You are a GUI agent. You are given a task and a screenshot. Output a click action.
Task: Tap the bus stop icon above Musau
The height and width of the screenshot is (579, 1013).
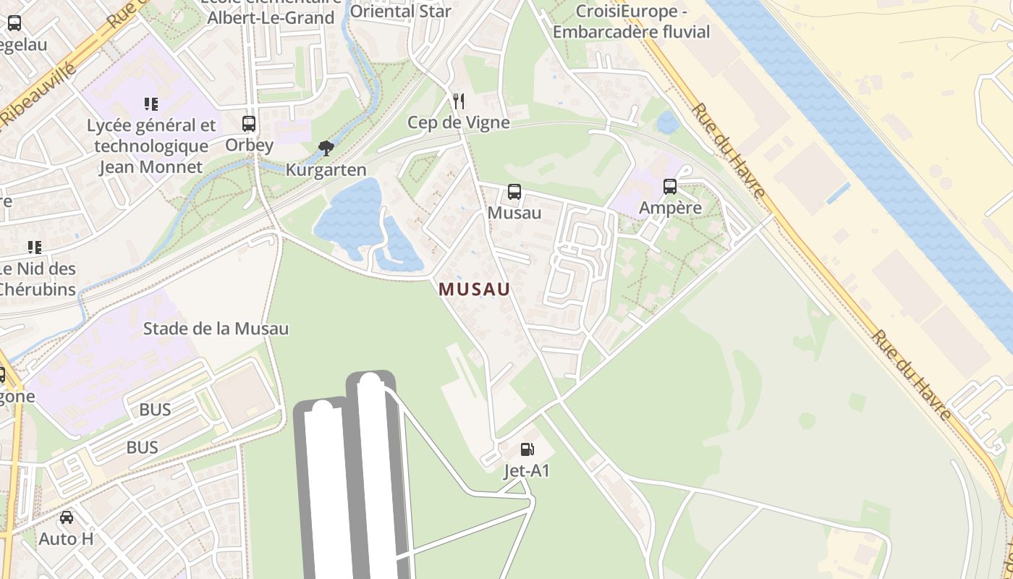[514, 192]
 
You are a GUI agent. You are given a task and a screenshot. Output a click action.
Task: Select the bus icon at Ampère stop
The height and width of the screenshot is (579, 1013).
[670, 187]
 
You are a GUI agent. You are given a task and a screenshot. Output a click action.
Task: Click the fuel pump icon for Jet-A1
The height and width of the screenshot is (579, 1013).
[527, 450]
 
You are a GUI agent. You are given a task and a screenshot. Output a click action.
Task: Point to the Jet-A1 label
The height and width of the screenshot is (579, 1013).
[527, 471]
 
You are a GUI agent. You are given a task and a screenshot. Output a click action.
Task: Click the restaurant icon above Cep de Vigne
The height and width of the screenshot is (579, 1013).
[459, 101]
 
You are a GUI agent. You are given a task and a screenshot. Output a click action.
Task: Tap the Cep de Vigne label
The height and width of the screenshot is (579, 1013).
[459, 122]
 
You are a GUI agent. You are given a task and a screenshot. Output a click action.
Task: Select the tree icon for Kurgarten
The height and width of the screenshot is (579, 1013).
[326, 148]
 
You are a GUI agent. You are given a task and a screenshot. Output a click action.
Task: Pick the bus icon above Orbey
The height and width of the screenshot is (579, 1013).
[249, 123]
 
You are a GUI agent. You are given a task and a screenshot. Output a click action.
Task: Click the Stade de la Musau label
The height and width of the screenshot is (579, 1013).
[216, 329]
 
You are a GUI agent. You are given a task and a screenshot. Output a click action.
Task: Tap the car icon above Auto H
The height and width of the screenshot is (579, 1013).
[67, 517]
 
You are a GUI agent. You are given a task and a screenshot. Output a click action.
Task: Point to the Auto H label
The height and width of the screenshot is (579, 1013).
[67, 539]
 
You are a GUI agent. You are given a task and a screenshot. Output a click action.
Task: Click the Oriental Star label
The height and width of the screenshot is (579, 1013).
[401, 11]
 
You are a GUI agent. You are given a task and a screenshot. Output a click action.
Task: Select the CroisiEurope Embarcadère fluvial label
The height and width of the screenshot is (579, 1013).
[631, 22]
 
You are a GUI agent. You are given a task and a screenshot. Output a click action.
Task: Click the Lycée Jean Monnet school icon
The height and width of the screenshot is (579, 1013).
[151, 104]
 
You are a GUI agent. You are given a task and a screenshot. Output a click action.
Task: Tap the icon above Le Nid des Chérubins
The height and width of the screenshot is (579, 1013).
[35, 248]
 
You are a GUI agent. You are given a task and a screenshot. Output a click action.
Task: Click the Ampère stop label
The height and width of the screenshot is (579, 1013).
[670, 208]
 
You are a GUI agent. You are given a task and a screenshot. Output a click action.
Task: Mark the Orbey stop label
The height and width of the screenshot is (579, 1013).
[249, 145]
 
